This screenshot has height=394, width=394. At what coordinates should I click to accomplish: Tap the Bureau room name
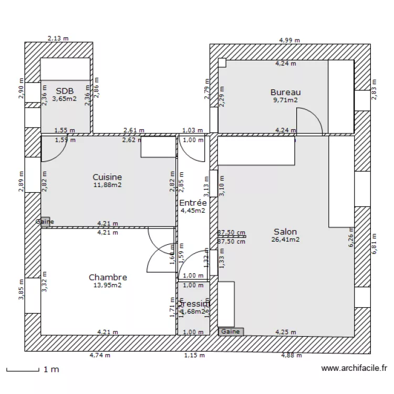tap(285, 92)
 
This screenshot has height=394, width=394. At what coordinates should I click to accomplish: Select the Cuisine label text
tap(107, 177)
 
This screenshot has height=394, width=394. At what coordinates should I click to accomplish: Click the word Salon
tap(285, 231)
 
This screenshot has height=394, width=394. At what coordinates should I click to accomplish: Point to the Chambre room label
tap(108, 277)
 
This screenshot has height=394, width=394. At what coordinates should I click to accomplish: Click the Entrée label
tap(193, 203)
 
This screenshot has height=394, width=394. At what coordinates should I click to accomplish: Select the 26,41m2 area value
tap(286, 240)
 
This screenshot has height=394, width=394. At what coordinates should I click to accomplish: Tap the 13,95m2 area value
tap(108, 285)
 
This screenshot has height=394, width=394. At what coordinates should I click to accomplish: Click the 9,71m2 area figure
tap(285, 100)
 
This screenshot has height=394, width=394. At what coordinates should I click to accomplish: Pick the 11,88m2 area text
tap(107, 185)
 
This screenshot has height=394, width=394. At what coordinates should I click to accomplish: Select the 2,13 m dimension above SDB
tap(58, 38)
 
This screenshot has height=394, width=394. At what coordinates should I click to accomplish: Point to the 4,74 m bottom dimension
tap(100, 356)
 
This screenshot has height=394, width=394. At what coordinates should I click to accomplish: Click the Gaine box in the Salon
tap(231, 331)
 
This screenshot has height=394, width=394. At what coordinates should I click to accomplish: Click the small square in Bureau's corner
tap(222, 63)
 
